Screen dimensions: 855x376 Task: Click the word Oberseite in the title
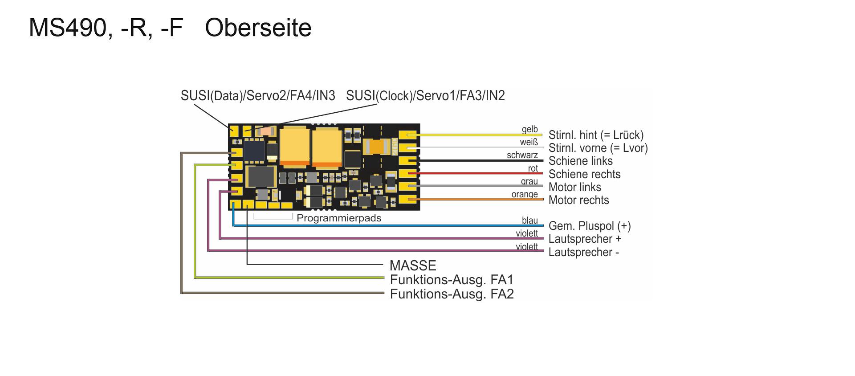[x=258, y=28]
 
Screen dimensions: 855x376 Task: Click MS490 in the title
[x=67, y=28]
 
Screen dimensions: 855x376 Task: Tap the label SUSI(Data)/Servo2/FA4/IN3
[x=258, y=96]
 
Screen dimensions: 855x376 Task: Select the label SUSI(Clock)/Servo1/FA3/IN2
[x=425, y=96]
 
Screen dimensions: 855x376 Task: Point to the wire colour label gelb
[x=530, y=129]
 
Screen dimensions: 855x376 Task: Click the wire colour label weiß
[x=529, y=142]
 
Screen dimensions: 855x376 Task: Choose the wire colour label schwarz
[x=522, y=155]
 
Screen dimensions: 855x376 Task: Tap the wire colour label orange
[x=525, y=194]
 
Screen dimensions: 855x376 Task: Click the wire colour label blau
[x=530, y=220]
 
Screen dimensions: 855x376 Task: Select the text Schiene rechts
[x=584, y=174]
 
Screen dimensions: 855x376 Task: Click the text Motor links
[x=575, y=187]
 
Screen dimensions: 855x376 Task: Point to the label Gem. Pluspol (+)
[x=590, y=226]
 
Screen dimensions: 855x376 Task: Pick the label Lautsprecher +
[x=585, y=239]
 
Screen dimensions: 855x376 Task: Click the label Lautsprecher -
[x=584, y=252]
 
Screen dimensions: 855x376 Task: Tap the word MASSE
[x=413, y=266]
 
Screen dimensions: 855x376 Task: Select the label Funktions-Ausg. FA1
[x=452, y=280]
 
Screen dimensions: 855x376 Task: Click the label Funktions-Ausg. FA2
[x=452, y=294]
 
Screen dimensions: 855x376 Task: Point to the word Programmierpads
[x=339, y=218]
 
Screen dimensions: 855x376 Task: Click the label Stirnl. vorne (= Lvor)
[x=598, y=148]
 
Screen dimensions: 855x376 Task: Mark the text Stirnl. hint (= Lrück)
[x=596, y=135]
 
